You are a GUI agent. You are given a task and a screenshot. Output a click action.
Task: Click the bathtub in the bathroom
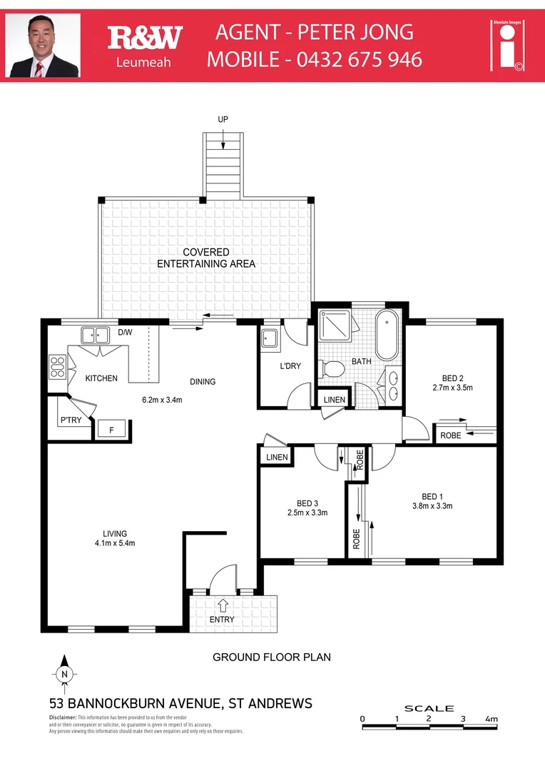[x=388, y=335]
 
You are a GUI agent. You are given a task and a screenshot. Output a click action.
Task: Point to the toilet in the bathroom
[x=332, y=368]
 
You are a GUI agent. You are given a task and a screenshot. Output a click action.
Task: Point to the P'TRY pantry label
[x=70, y=420]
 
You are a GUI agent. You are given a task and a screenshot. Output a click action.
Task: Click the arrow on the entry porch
[x=223, y=605]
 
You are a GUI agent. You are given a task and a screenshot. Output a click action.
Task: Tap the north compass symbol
[x=64, y=672]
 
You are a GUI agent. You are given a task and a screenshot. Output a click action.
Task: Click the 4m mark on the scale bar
[x=491, y=719]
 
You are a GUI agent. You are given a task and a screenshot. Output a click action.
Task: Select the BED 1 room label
[x=432, y=497]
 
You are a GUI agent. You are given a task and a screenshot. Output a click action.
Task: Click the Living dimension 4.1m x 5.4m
[x=115, y=543]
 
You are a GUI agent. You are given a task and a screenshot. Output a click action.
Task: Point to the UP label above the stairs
[x=223, y=119]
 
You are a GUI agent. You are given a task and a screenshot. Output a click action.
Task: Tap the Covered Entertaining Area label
[x=206, y=258]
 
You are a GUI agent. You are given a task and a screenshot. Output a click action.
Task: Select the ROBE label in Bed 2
[x=450, y=435]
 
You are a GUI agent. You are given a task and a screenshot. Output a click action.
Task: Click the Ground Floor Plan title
[x=272, y=657]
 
